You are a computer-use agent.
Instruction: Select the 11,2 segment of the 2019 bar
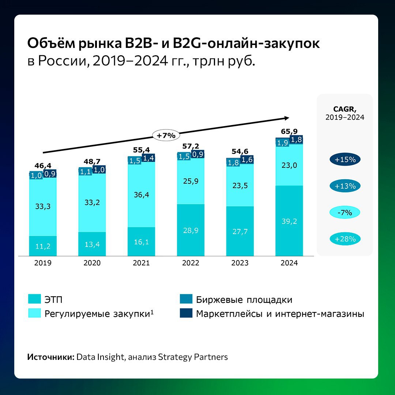coord(43,246)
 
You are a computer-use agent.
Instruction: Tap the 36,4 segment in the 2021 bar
coord(141,195)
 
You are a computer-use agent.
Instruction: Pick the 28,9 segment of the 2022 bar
coord(191,230)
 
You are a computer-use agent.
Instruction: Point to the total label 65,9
coord(289,131)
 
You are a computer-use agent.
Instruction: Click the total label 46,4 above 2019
coord(43,165)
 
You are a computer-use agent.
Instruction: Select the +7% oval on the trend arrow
coord(166,135)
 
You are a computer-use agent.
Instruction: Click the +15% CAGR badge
coord(345,160)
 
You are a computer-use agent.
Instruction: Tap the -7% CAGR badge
coord(345,212)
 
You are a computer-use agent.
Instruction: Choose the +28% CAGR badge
coord(345,239)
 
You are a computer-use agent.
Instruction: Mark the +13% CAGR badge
coord(345,186)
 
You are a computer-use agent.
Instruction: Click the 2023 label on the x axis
coord(240,263)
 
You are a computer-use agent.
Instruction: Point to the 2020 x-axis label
coord(92,263)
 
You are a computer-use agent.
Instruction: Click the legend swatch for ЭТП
coord(34,300)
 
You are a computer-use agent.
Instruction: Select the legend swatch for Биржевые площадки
coord(186,300)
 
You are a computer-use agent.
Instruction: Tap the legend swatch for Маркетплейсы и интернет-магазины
coord(186,313)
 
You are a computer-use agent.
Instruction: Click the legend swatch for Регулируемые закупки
coord(34,313)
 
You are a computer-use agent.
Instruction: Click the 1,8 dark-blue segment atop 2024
coord(296,139)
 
